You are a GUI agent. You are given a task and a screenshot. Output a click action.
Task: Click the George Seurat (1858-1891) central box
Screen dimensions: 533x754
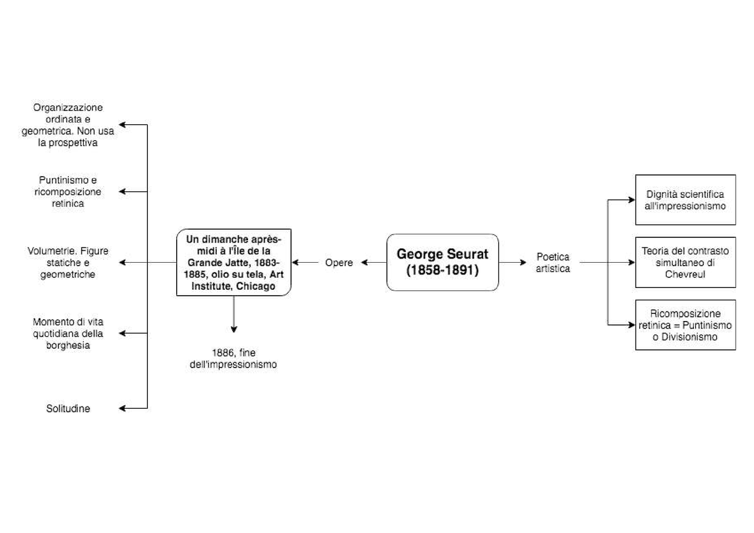(442, 262)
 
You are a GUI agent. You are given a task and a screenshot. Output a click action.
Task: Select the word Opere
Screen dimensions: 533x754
(339, 263)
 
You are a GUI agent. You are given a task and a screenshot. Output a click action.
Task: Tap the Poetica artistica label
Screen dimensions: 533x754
(553, 263)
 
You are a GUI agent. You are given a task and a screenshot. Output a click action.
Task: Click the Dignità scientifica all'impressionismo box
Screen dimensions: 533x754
(685, 200)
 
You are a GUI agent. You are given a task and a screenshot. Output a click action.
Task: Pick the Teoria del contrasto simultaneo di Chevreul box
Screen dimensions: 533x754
(685, 262)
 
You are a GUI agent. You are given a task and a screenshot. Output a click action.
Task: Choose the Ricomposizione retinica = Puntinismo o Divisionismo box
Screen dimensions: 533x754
(685, 325)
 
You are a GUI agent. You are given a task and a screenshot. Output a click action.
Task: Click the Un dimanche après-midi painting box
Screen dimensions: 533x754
(233, 263)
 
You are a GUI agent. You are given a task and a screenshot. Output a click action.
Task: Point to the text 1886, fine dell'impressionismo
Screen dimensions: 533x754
(233, 358)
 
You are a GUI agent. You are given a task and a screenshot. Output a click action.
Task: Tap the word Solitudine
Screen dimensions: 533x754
(68, 408)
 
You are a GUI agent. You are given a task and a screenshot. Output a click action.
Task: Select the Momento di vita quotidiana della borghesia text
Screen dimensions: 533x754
(68, 333)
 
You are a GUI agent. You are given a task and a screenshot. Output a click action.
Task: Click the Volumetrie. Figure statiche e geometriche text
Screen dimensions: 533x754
(68, 263)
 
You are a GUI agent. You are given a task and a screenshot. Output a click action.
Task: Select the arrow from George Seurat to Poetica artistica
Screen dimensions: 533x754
(512, 263)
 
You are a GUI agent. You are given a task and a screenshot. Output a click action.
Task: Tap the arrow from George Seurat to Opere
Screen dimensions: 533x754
(373, 263)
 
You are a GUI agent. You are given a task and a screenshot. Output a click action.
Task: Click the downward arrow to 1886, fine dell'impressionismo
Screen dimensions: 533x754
(233, 315)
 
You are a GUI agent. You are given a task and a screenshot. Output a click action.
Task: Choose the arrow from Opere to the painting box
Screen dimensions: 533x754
(305, 263)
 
